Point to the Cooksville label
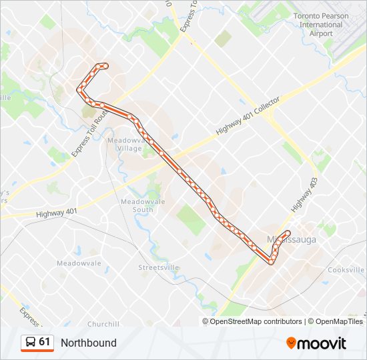[346, 270]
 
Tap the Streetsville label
[159, 267]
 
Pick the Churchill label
[103, 324]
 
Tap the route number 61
[45, 342]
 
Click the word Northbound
[88, 343]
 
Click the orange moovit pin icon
[292, 343]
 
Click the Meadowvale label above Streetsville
[79, 263]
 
